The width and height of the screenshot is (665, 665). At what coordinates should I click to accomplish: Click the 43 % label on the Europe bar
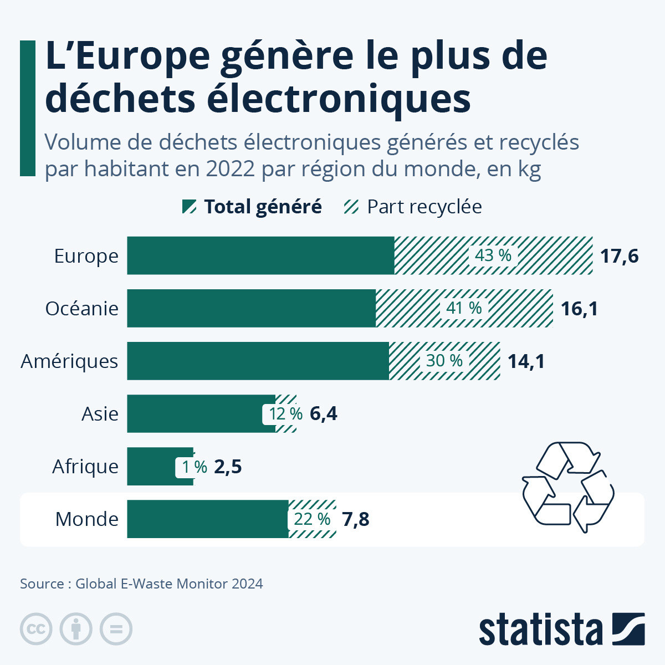click(x=493, y=255)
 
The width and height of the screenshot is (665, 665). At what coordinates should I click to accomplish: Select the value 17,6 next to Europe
click(x=620, y=256)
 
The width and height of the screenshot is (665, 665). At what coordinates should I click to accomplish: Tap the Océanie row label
click(x=82, y=309)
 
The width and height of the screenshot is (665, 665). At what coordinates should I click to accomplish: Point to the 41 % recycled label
click(x=464, y=308)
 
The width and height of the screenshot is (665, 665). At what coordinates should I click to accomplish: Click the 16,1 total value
click(x=579, y=309)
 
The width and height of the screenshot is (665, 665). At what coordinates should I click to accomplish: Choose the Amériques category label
click(x=70, y=361)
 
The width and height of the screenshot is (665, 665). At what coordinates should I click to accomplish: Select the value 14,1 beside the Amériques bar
click(x=526, y=361)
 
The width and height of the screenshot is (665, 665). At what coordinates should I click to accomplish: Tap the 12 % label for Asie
click(x=285, y=414)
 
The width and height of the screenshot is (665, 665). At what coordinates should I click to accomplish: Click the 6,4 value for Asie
click(x=324, y=414)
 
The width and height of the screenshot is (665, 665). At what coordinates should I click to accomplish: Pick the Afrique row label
click(x=85, y=467)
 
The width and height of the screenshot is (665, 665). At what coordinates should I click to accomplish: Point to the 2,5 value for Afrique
click(x=228, y=467)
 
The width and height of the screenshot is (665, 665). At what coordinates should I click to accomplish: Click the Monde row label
click(x=87, y=519)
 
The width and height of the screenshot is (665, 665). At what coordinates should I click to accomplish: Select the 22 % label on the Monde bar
click(x=312, y=519)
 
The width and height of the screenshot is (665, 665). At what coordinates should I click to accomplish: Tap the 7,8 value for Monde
click(x=355, y=519)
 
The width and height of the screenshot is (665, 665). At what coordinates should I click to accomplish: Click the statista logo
click(x=561, y=629)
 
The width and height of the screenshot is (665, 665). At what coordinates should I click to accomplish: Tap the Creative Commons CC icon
click(x=36, y=629)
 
